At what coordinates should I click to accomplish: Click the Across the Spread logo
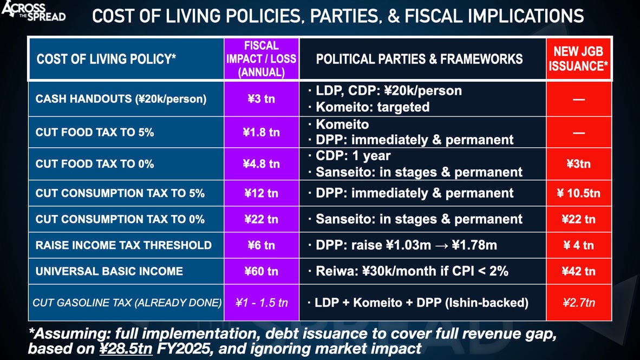[x=34, y=12]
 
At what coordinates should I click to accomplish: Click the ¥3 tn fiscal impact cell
[x=262, y=100]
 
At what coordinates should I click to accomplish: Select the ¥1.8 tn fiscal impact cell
[x=262, y=132]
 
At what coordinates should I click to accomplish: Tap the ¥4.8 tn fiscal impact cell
[x=262, y=164]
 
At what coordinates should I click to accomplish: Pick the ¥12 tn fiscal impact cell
[x=262, y=193]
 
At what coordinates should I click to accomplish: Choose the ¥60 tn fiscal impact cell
[x=262, y=272]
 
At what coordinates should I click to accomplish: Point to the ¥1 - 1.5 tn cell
[x=262, y=303]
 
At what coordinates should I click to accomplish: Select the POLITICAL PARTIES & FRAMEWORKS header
[x=419, y=59]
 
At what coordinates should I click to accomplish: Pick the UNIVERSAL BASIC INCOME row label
[x=109, y=272]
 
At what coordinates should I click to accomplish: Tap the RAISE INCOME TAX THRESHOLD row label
[x=123, y=245]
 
